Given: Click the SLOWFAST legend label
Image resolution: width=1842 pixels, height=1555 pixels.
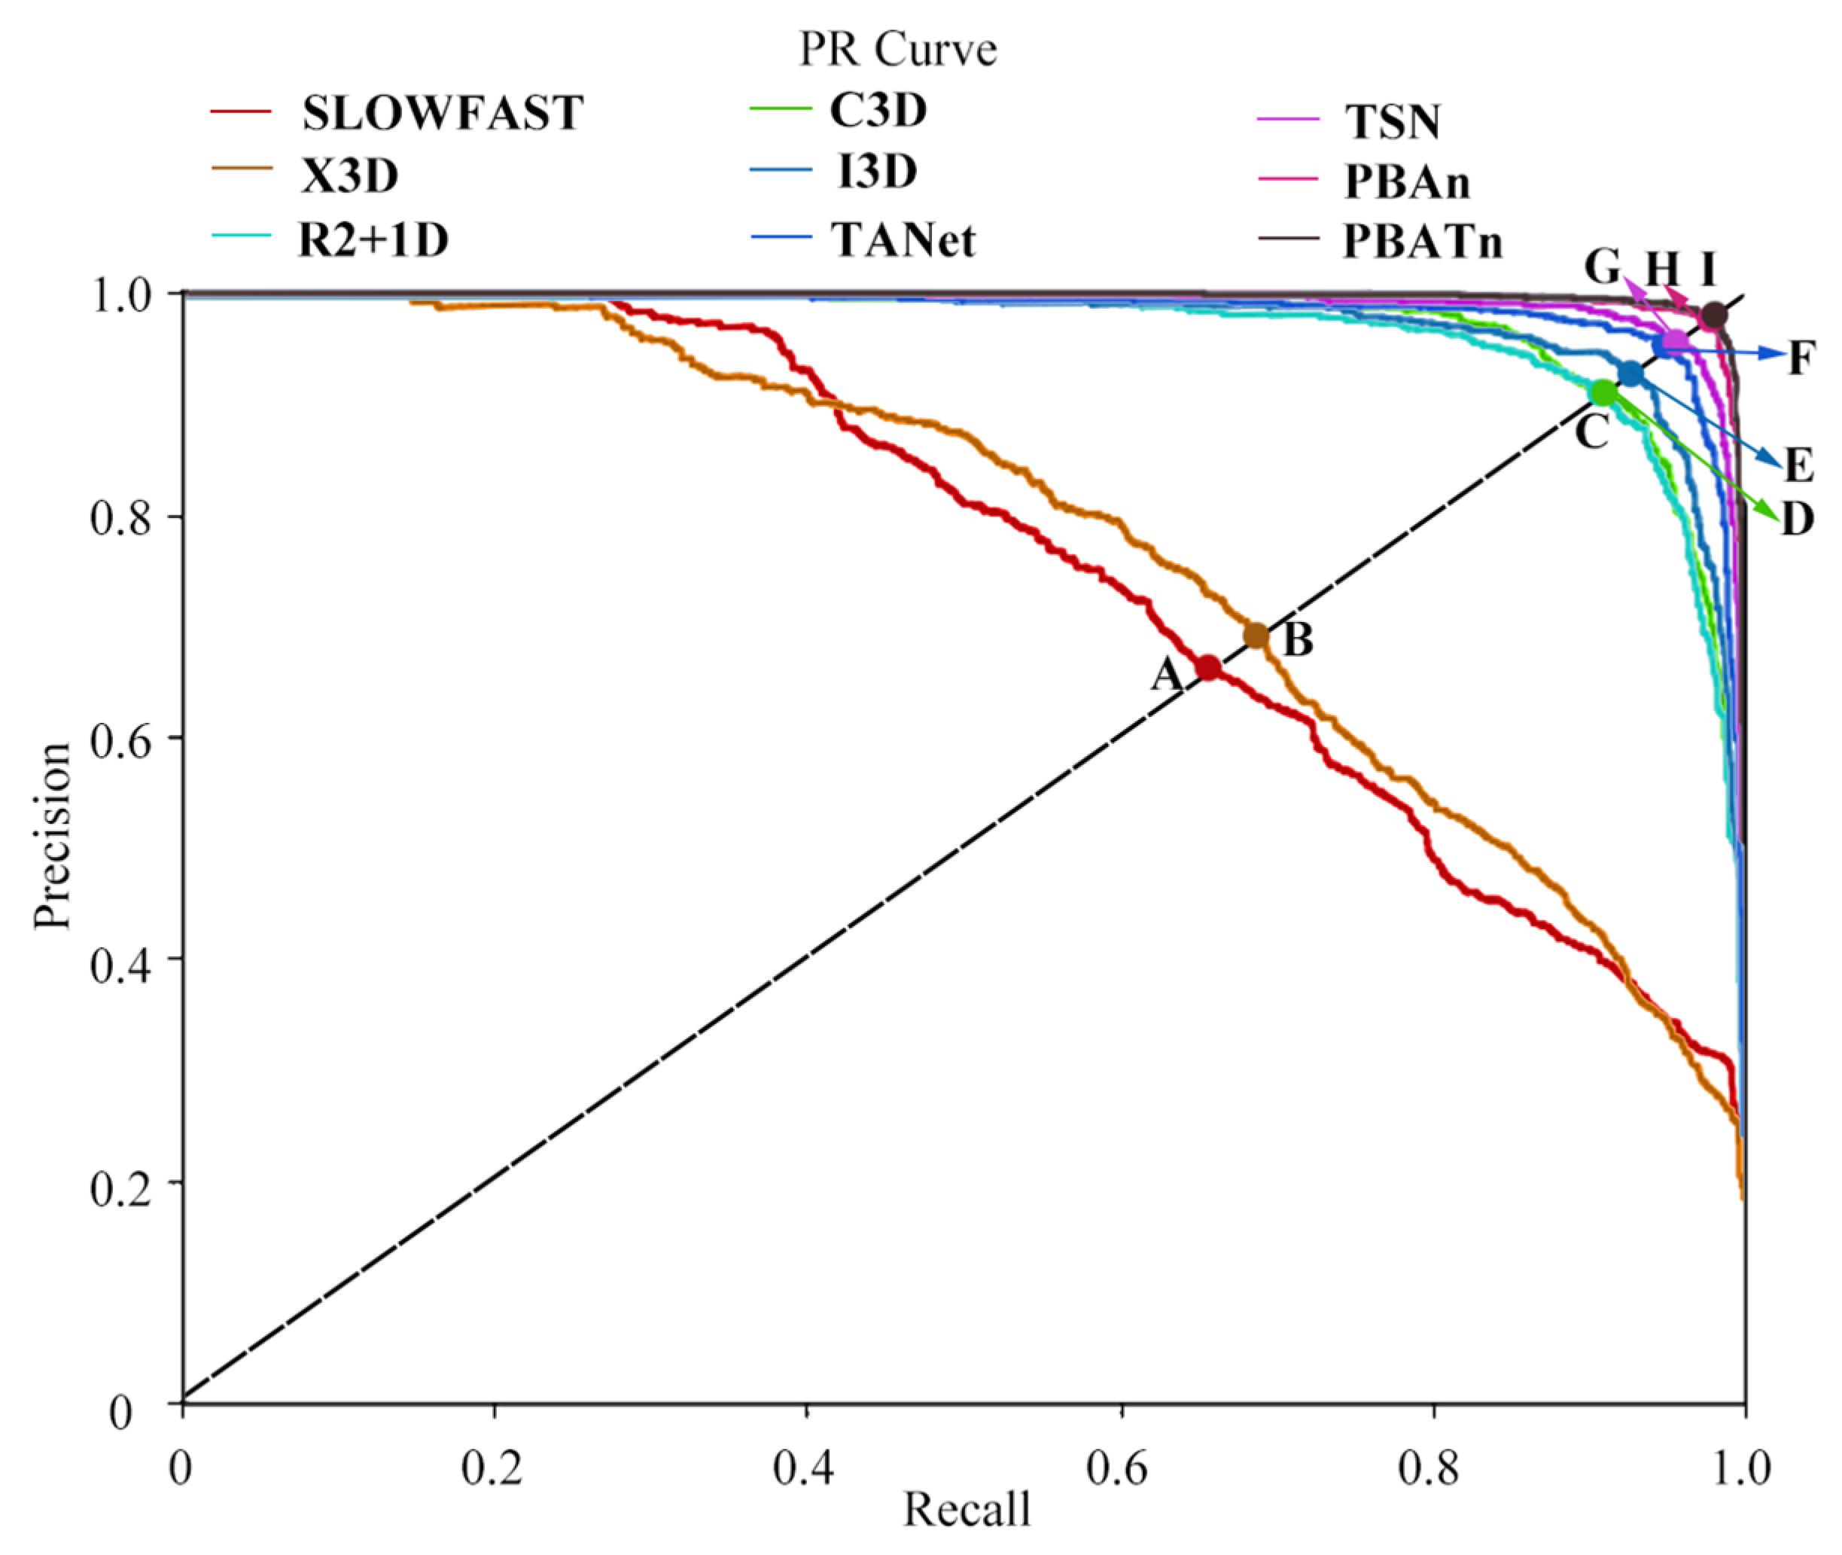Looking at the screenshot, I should coord(442,114).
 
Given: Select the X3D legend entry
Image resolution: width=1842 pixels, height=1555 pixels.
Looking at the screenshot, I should coord(350,176).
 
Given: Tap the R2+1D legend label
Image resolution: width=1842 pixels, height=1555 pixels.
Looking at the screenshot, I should coord(373,239).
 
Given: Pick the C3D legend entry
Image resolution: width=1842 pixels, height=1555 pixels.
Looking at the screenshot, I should coord(878,111).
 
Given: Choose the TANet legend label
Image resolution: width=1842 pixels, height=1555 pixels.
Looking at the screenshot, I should coord(903,239).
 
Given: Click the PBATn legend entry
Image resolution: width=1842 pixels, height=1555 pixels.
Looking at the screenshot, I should coord(1422,242).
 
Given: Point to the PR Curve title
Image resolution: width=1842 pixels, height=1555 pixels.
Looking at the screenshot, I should coord(897,50).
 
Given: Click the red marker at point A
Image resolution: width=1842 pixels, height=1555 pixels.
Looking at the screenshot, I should coord(1207,668).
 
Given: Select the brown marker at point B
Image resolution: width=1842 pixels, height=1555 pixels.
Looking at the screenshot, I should coord(1256,636).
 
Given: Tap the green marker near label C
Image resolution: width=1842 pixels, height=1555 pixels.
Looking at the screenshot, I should coord(1604,393).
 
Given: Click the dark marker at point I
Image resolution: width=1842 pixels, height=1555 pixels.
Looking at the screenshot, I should coord(1713,316).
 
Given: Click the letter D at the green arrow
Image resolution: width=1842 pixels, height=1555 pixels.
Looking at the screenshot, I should coord(1798,520).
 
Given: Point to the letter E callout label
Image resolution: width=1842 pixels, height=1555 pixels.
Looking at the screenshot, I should coord(1799,465).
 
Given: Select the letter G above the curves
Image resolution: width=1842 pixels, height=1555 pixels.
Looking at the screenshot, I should coord(1603,265).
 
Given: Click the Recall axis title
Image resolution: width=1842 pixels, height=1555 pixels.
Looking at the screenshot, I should coord(967,1509).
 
